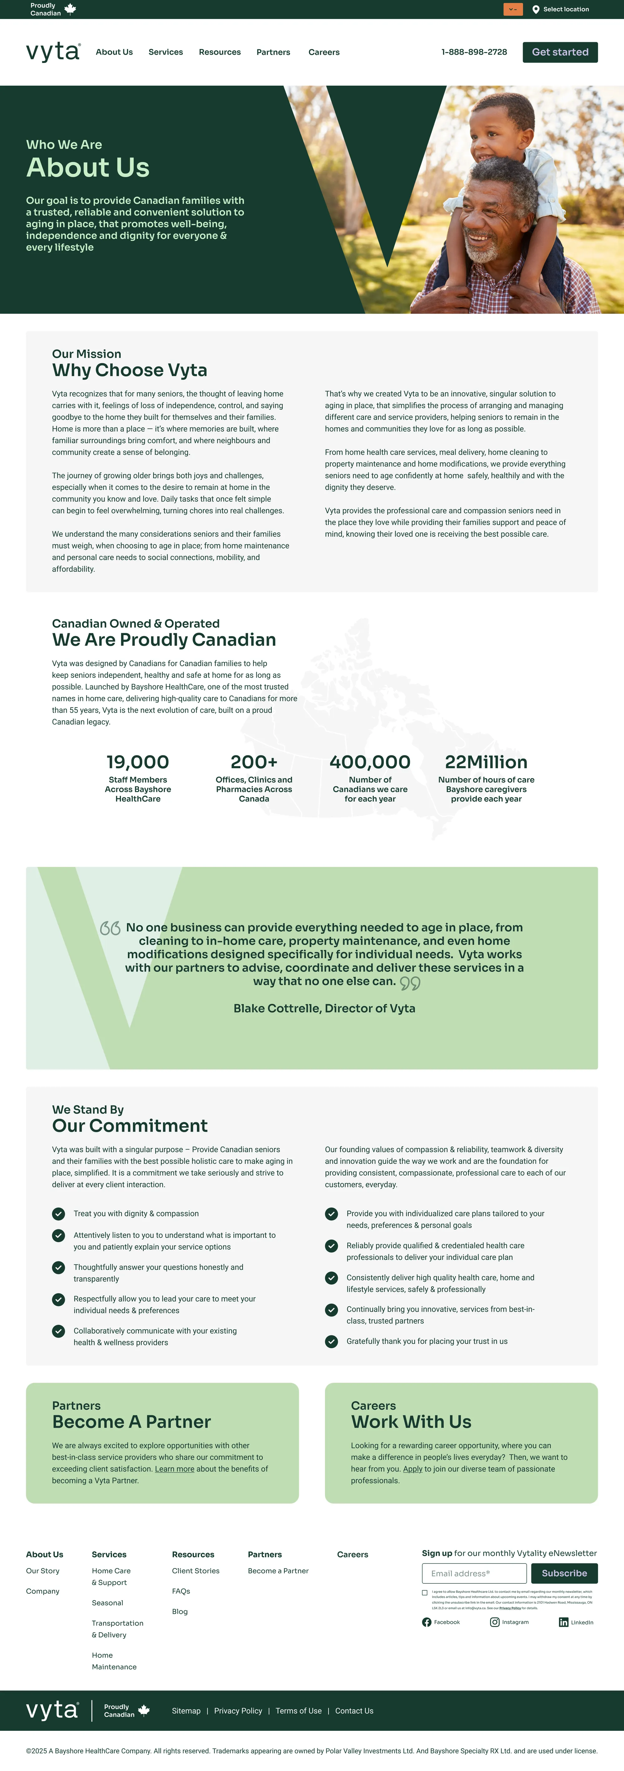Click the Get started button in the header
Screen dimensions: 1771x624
click(x=560, y=52)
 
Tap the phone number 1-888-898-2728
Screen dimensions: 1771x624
click(x=474, y=52)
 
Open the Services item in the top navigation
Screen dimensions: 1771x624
click(x=166, y=52)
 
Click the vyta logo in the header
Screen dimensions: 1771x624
click(x=53, y=52)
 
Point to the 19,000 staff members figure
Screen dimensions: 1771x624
click(x=138, y=762)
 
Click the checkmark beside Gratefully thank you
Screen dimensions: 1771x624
click(x=332, y=1341)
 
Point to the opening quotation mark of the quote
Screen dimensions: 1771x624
click(x=110, y=928)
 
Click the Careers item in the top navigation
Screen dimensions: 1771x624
click(x=324, y=52)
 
